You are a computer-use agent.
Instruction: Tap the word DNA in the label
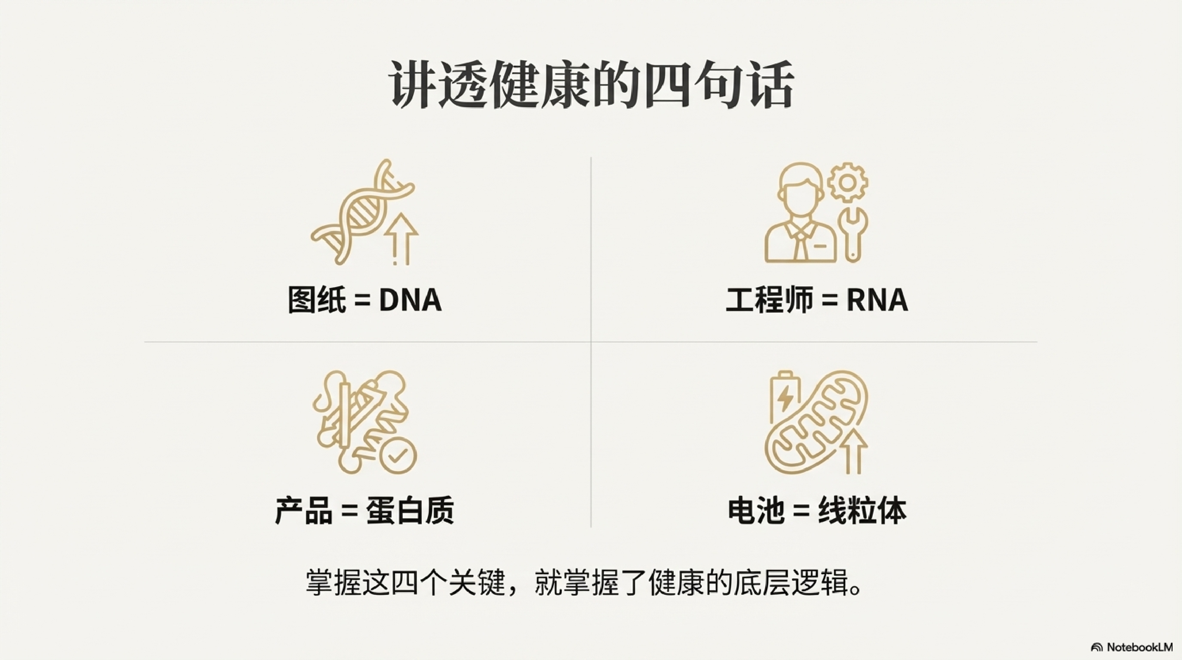410,301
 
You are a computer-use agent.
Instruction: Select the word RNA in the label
877,301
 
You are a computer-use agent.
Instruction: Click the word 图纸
317,301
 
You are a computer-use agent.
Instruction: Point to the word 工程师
769,301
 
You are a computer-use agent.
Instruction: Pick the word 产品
304,511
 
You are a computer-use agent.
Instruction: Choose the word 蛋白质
410,511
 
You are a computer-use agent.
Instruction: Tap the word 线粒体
862,511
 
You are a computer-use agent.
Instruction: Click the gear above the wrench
848,183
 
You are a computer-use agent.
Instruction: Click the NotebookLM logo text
1139,647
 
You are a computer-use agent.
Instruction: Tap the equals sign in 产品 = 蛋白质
350,511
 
